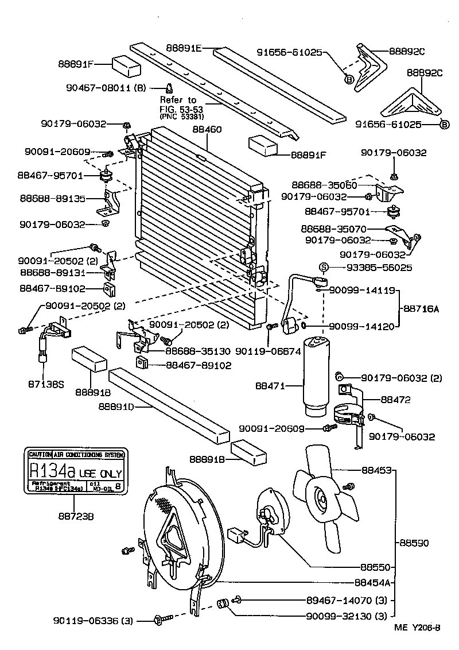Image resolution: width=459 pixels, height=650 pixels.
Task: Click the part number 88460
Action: coord(207,130)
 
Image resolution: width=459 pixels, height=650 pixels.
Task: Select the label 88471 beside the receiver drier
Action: coord(270,386)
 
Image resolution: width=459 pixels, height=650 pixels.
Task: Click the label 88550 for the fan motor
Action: coord(376,567)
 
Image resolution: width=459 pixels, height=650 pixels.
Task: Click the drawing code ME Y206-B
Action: coord(417,627)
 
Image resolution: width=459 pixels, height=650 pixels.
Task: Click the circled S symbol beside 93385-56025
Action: coord(323,267)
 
